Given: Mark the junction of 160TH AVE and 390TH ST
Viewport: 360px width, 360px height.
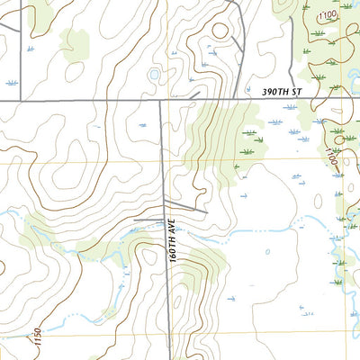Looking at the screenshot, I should click(x=162, y=102).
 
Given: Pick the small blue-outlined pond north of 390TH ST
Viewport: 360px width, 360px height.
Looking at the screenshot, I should click(x=154, y=74).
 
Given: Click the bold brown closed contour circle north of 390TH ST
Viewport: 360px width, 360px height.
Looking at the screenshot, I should click(x=219, y=31).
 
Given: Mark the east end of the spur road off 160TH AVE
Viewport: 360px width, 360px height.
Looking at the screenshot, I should click(x=206, y=212).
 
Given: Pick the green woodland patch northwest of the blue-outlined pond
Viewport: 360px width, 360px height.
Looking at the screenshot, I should click(x=75, y=42).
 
